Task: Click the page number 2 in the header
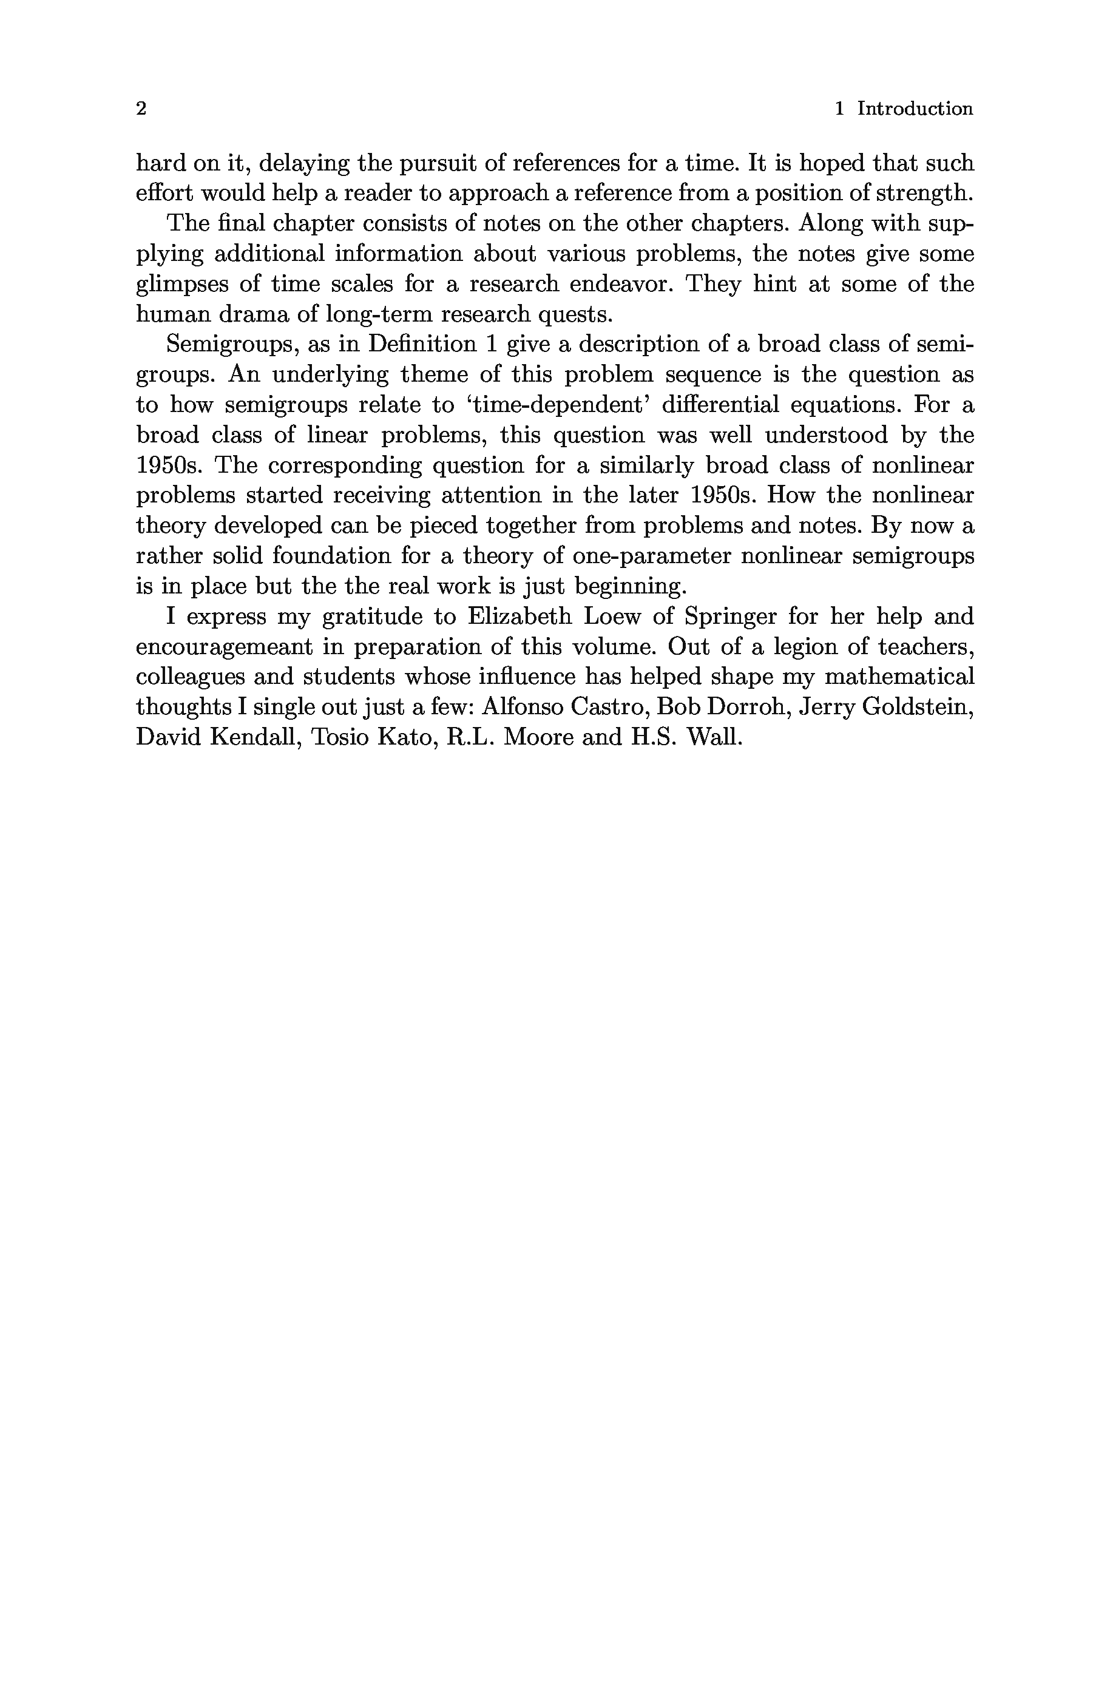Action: [141, 109]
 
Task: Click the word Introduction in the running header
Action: [915, 109]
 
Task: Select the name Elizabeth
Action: [519, 617]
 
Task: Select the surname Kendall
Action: [251, 737]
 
